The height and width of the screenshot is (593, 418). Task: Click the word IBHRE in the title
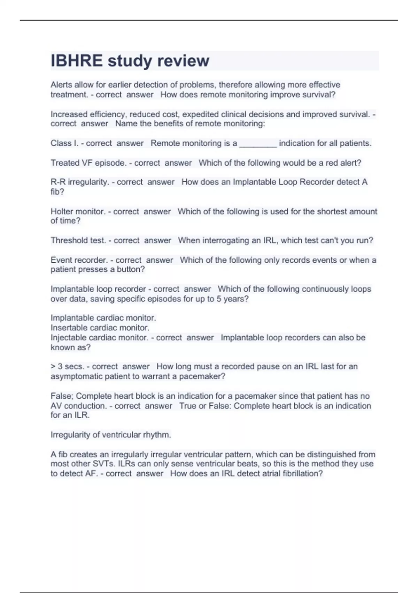(77, 61)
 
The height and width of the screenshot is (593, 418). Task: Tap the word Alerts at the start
(61, 85)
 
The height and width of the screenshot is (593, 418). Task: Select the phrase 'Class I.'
(64, 143)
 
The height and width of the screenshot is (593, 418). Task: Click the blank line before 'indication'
(258, 145)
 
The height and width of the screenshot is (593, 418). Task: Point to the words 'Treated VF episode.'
(88, 163)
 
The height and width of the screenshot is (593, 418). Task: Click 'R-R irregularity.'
(79, 182)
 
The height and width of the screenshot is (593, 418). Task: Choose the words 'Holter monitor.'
(78, 211)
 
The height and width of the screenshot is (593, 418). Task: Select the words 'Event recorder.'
(79, 260)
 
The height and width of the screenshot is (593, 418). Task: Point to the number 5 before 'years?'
(219, 299)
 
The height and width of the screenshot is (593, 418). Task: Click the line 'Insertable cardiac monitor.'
(100, 328)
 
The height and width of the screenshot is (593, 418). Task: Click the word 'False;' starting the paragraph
(62, 396)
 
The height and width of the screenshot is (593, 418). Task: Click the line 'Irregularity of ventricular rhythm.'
(111, 435)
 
